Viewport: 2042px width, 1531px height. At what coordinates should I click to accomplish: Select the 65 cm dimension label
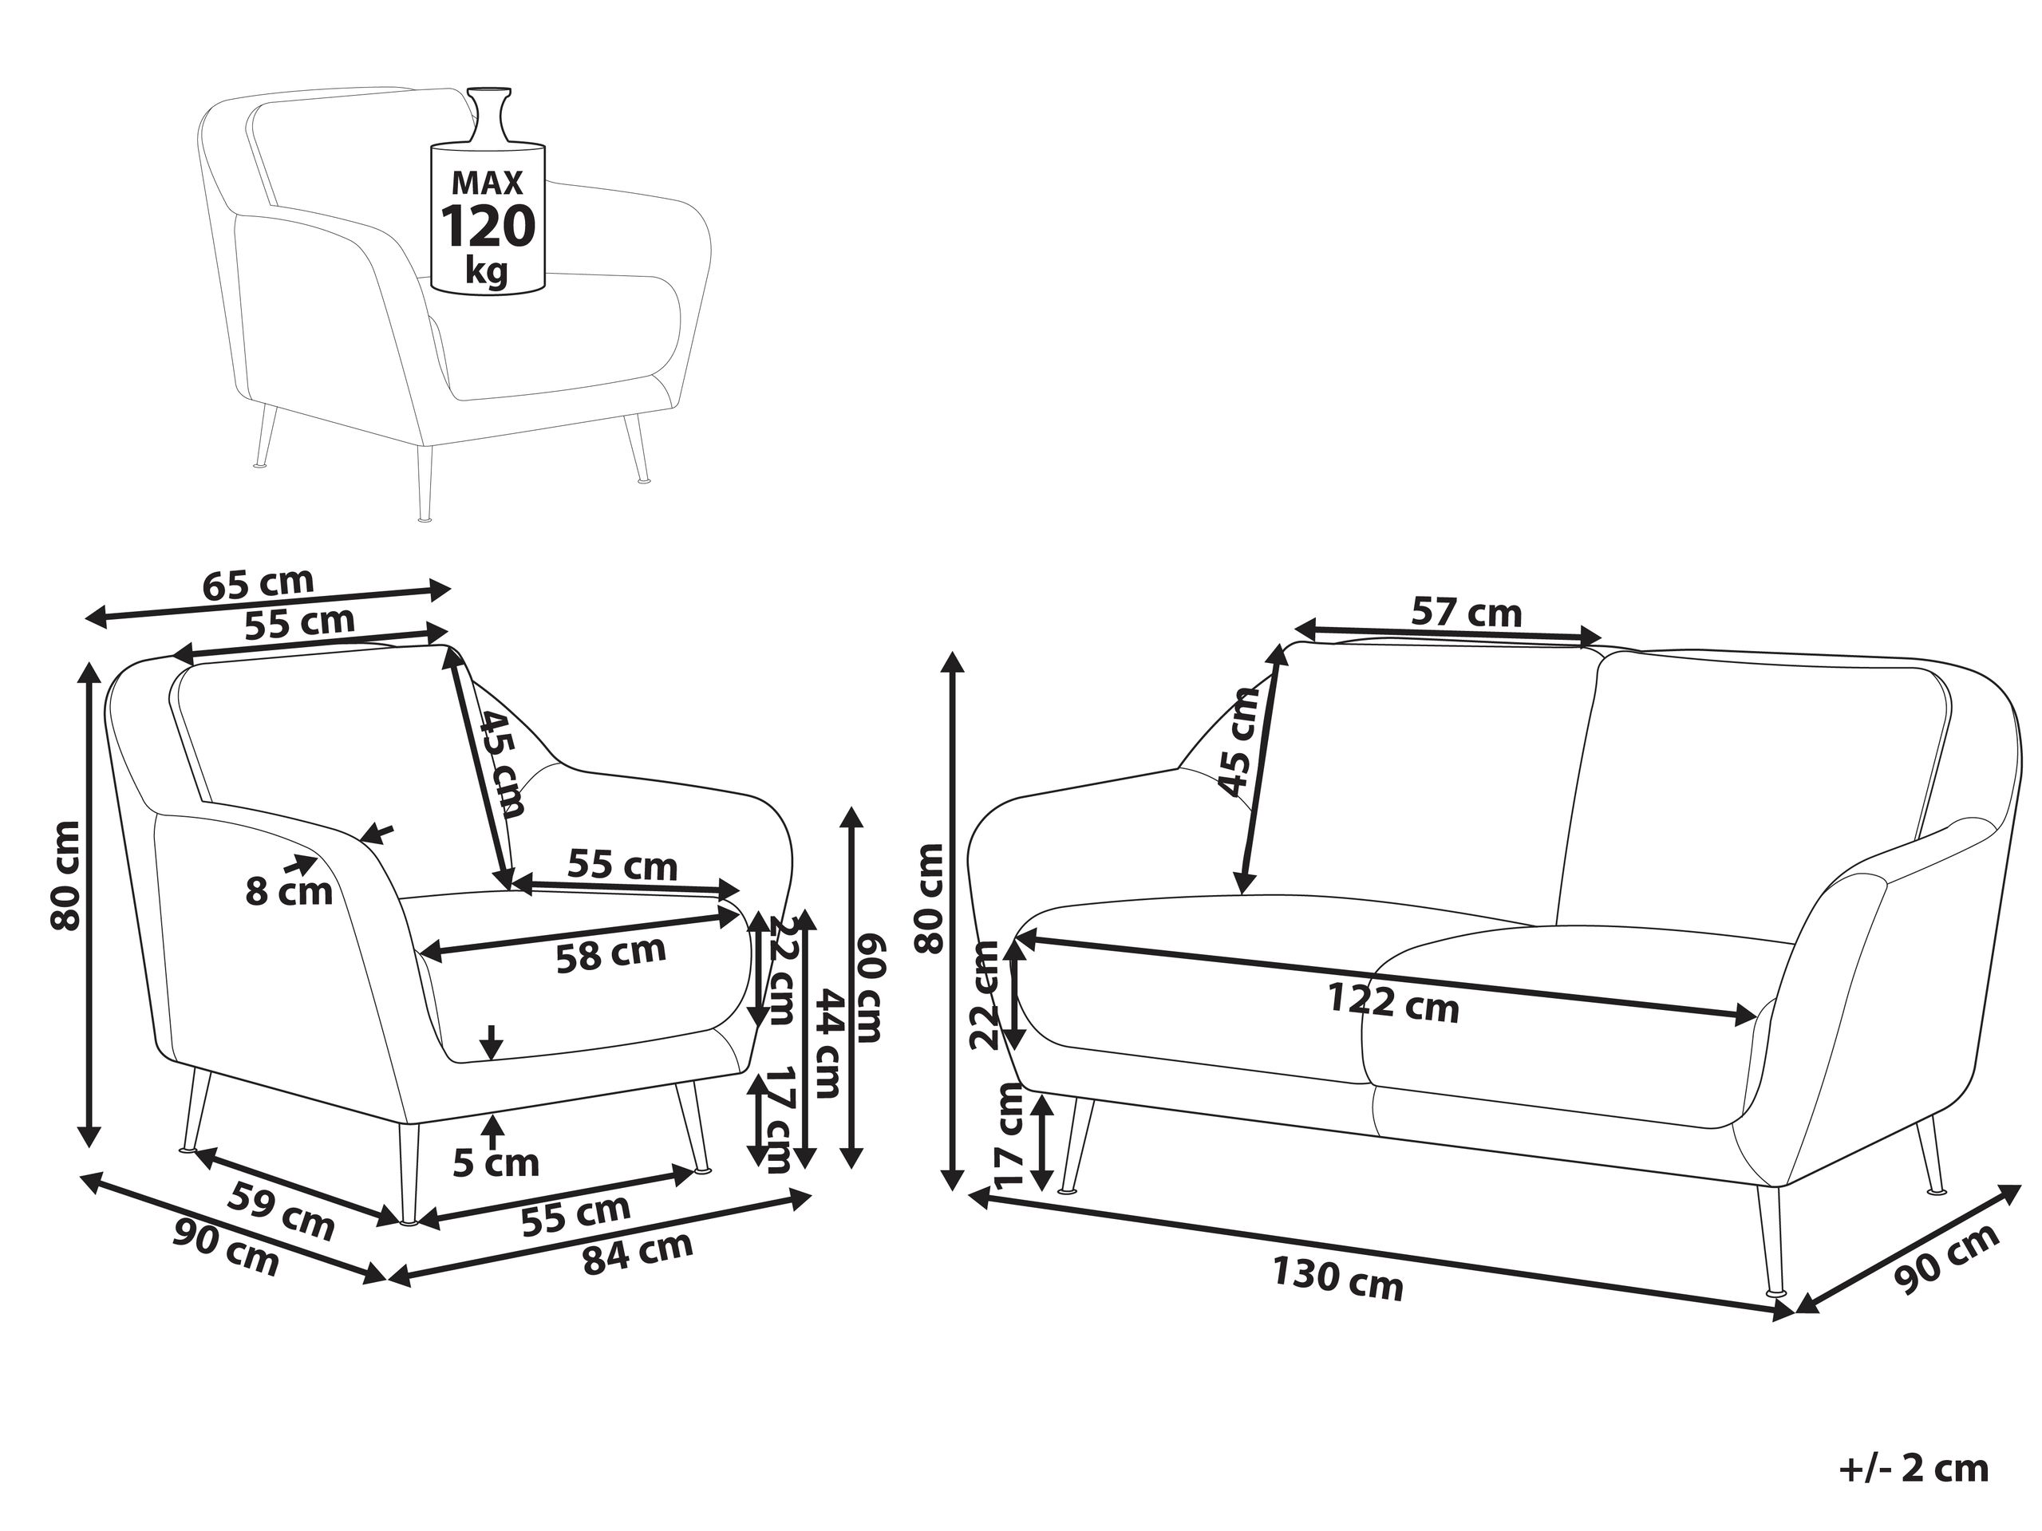pos(259,583)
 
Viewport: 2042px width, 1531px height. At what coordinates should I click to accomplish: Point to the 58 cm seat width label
pos(611,953)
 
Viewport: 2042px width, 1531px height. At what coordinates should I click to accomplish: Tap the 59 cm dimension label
pos(281,1209)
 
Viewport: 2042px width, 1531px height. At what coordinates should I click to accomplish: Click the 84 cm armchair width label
pos(637,1253)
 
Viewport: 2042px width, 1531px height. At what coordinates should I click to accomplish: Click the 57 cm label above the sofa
pos(1466,612)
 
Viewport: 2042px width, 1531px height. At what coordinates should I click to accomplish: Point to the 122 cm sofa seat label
pos(1393,1003)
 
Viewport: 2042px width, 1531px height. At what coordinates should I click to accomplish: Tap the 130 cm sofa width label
pos(1337,1278)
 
